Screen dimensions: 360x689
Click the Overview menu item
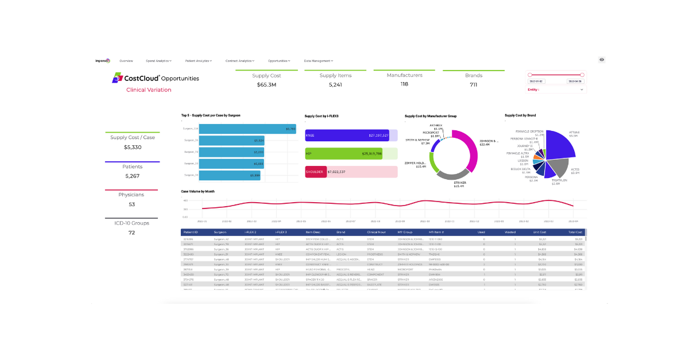[x=126, y=60]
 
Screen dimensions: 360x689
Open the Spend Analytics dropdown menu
[x=158, y=60]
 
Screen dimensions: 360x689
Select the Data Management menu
[x=318, y=60]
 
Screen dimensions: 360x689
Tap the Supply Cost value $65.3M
[x=266, y=85]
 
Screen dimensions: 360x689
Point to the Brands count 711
[x=473, y=85]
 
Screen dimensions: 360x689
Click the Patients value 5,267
[x=132, y=176]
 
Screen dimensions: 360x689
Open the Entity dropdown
[x=556, y=90]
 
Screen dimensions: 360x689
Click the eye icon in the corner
[x=602, y=60]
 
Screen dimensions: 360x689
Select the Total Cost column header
[x=575, y=232]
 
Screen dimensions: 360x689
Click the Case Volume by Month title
[x=198, y=191]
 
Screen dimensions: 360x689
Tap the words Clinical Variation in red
[x=149, y=90]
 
